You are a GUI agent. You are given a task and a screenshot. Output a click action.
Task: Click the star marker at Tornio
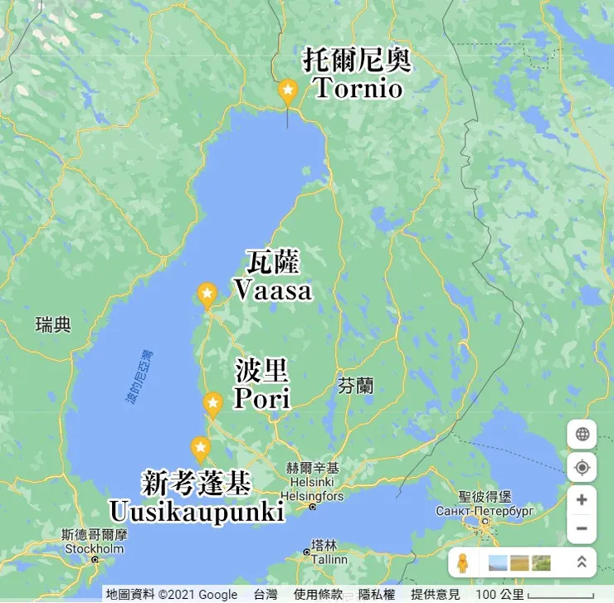pos(288,90)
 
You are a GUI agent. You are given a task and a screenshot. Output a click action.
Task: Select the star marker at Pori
pos(213,404)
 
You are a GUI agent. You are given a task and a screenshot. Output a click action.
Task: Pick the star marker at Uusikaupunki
pos(200,449)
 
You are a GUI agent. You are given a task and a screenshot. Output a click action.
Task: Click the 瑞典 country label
pos(54,324)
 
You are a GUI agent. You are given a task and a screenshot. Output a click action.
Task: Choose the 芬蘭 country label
pos(356,386)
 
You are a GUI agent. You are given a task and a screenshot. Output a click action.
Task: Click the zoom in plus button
pos(582,499)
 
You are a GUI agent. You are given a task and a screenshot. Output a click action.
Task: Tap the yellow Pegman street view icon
pos(463,562)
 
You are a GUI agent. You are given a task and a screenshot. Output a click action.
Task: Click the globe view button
pos(582,434)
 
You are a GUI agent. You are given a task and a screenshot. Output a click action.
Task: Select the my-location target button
pos(582,467)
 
